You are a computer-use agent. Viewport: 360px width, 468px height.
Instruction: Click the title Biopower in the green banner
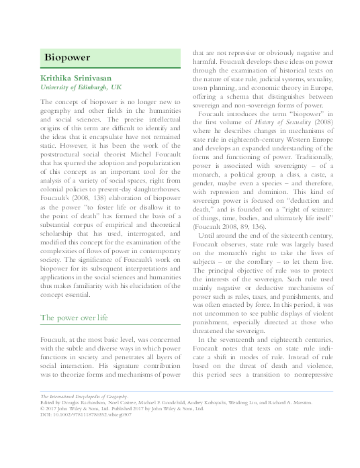point(68,57)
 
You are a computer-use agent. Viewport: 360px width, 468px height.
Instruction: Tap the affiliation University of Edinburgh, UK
point(81,88)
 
